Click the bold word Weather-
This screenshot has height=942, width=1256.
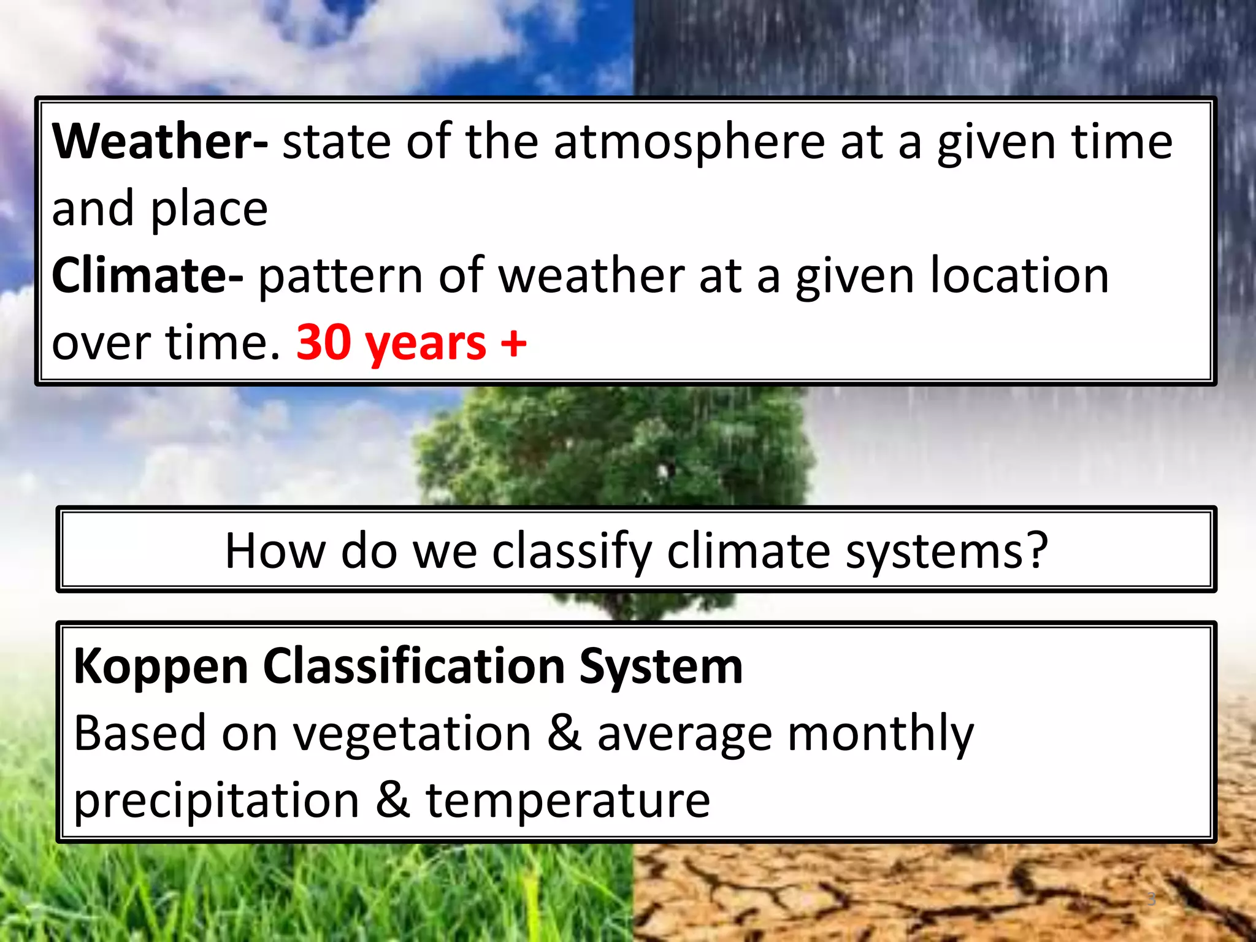[159, 142]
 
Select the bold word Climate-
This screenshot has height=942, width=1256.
[147, 275]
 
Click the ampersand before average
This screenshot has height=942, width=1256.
[564, 733]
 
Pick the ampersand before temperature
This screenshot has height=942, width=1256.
[392, 800]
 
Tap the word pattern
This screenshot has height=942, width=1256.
[340, 277]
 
